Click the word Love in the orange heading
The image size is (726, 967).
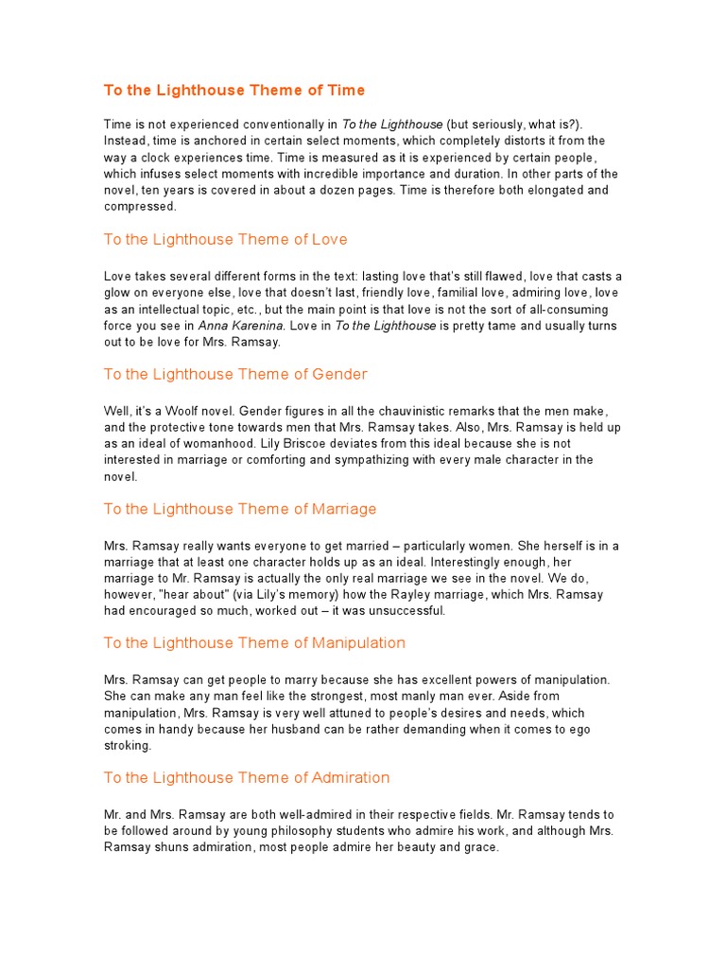coord(330,240)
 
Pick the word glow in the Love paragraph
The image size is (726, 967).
coord(119,292)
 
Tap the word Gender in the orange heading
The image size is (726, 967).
coord(339,375)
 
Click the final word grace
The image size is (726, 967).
coord(476,847)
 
